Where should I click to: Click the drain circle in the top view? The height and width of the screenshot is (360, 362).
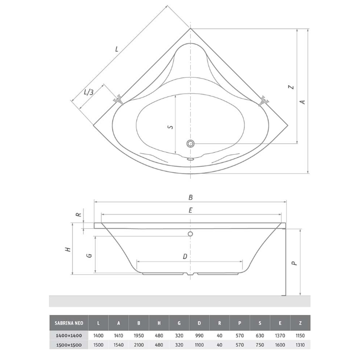coord(191,143)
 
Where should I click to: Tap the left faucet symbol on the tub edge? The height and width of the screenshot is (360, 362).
coord(118,100)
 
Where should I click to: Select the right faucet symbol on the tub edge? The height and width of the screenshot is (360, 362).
coord(263,101)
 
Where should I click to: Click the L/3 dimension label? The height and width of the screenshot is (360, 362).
coord(88,92)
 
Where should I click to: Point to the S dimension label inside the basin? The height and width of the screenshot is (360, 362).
coord(171,127)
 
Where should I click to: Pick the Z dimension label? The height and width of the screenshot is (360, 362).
coord(291,87)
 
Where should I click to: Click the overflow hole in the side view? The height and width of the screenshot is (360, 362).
coord(190,234)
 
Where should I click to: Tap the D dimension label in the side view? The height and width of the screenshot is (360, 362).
coord(185,256)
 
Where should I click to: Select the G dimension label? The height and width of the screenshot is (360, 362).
coord(89,255)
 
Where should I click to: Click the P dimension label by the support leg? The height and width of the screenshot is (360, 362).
coord(294,263)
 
